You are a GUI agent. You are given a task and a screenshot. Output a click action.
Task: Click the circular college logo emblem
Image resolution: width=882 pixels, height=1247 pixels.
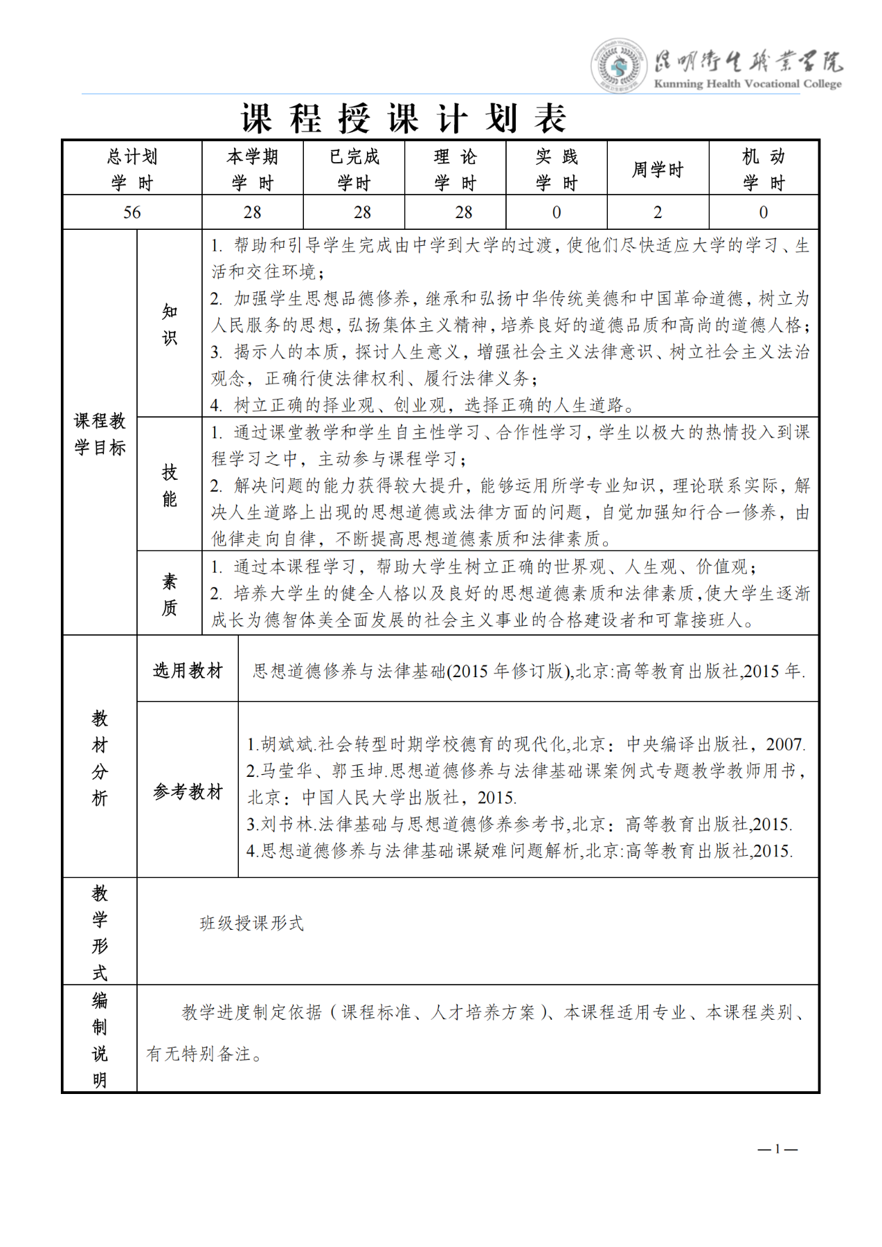[x=618, y=66]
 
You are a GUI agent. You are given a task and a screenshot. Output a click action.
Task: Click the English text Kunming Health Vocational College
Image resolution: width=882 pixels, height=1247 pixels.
[x=748, y=84]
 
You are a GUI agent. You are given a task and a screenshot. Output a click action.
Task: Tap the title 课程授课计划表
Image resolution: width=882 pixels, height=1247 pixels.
[x=404, y=118]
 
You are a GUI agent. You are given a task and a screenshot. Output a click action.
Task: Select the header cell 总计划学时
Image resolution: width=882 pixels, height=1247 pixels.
[x=132, y=170]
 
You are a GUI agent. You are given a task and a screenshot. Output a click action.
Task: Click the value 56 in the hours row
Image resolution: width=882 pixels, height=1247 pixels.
[x=132, y=213]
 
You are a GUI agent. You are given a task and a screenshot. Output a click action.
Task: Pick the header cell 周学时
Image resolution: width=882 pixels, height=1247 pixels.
[x=658, y=170]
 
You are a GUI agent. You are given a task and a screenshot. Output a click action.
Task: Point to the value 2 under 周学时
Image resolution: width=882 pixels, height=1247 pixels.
[x=658, y=213]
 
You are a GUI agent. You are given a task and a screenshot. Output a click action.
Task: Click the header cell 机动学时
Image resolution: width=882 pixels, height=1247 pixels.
[x=764, y=170]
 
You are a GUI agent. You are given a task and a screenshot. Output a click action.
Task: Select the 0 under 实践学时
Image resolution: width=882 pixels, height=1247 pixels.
[x=557, y=213]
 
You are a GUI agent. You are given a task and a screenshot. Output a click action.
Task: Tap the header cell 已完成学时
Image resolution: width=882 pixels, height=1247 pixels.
[x=354, y=170]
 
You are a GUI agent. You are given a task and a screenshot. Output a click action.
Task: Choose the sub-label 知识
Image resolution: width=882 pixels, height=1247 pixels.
[x=170, y=324]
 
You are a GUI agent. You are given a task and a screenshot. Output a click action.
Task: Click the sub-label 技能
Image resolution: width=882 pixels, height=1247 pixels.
[x=170, y=485]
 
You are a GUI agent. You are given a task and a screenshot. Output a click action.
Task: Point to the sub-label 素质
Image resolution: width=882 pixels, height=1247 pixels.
[x=170, y=594]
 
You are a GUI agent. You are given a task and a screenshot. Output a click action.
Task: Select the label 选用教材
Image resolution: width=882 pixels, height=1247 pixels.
[x=188, y=670]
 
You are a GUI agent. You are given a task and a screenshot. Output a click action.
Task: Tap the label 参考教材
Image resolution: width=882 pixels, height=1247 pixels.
[x=188, y=791]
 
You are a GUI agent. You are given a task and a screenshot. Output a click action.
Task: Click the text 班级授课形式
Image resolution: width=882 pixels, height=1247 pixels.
[x=252, y=923]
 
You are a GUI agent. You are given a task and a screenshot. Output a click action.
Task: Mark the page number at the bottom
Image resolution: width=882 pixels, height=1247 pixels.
[x=777, y=1149]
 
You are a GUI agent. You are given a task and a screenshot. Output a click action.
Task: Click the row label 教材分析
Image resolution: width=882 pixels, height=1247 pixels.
[x=100, y=758]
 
